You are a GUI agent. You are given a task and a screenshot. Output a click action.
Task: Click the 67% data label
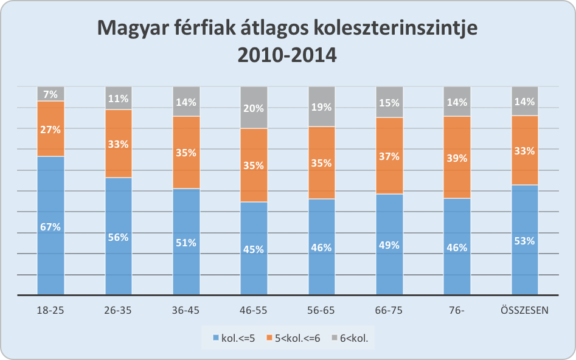(x=50, y=227)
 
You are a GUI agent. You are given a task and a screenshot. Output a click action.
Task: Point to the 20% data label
(x=254, y=109)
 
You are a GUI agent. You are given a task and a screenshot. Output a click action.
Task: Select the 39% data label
(x=457, y=158)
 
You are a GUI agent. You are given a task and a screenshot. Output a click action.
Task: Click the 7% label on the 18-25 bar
(x=50, y=94)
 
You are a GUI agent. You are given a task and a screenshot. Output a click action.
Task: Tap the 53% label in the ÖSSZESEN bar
(x=524, y=241)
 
